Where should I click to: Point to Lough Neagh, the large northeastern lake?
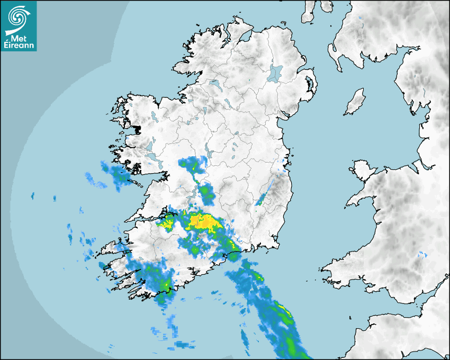275,73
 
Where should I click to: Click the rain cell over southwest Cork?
159,281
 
